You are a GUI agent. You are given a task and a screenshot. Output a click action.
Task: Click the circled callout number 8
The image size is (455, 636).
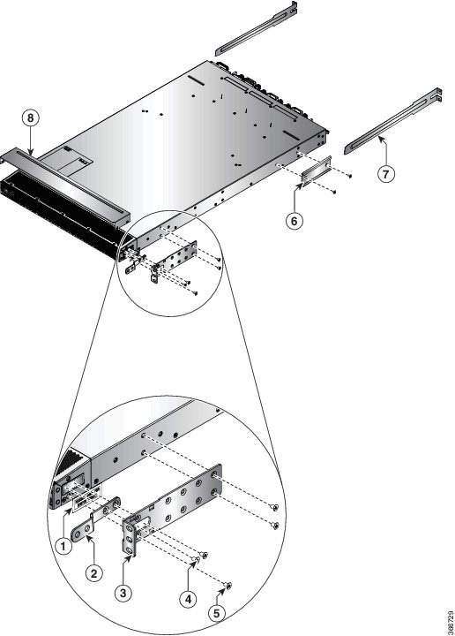(x=31, y=118)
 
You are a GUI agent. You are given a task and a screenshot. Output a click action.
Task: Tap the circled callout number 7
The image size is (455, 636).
(x=385, y=174)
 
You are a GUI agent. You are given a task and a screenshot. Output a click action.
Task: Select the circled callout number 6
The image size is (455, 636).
(x=295, y=221)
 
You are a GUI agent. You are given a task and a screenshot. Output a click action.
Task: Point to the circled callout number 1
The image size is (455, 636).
(x=63, y=547)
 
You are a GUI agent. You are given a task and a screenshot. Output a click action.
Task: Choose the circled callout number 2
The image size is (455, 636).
(x=94, y=573)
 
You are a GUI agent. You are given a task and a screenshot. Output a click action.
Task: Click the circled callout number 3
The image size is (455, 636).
(x=123, y=593)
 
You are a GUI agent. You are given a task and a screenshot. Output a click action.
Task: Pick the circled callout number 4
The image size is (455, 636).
(x=188, y=599)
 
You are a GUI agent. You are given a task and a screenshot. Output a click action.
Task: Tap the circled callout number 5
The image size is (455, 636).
(x=217, y=613)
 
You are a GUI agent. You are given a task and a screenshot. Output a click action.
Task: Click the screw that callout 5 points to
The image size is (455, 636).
(x=227, y=586)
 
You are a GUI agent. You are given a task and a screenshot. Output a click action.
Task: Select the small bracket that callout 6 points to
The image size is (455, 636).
(x=317, y=172)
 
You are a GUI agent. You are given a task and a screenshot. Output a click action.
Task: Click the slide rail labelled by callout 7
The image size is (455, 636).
(x=393, y=121)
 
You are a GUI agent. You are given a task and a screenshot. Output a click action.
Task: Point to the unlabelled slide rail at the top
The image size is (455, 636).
(x=257, y=28)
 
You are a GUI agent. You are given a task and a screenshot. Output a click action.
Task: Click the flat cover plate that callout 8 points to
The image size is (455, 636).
(x=64, y=184)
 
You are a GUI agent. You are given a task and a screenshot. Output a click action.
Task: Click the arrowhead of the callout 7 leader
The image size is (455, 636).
(x=379, y=139)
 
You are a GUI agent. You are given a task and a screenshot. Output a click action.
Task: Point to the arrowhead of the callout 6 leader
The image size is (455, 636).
(x=302, y=185)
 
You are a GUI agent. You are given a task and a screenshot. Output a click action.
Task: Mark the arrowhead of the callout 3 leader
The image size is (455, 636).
(x=131, y=557)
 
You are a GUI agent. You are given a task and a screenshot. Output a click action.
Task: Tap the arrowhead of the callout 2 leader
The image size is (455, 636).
(x=89, y=538)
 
